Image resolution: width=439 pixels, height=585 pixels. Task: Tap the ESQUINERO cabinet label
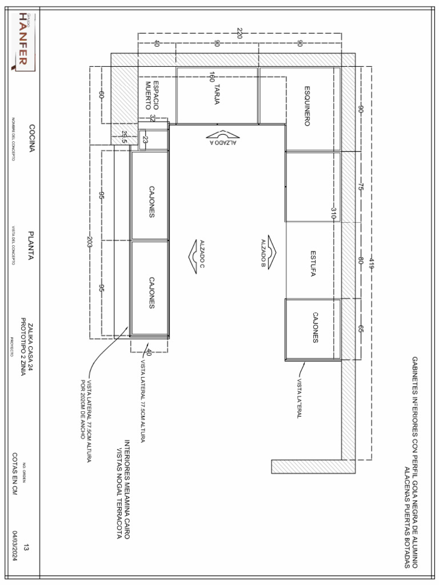[307, 106]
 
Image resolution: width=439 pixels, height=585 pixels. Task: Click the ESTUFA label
[313, 263]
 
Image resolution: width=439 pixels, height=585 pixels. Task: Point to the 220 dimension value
[240, 34]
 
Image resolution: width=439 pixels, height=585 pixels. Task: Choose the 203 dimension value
[90, 241]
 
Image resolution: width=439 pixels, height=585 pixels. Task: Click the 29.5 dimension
[124, 137]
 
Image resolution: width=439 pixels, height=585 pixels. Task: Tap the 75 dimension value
[361, 186]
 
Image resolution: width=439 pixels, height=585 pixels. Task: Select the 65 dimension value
[361, 329]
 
